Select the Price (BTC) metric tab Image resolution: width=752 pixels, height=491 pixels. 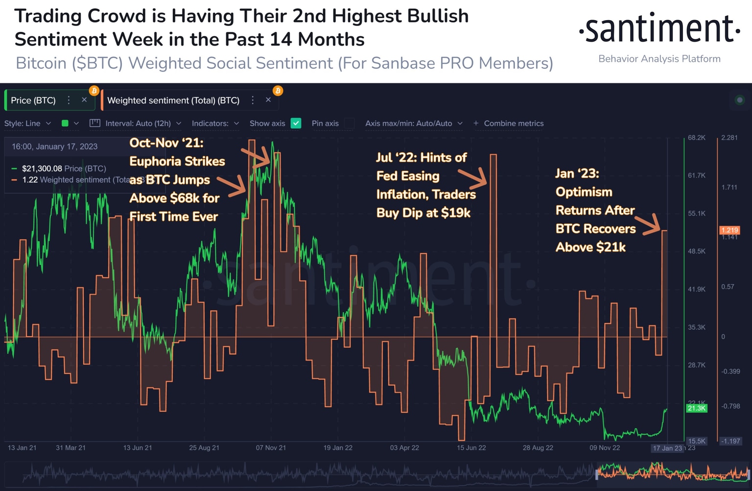(33, 100)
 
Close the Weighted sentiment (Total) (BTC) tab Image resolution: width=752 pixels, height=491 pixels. (268, 100)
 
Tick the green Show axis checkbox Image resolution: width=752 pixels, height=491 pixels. (296, 123)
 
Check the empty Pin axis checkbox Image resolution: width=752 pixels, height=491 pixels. (349, 123)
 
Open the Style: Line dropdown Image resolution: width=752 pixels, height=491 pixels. (27, 123)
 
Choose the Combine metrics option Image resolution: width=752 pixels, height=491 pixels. (509, 123)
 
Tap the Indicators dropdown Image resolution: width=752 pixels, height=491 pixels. (215, 123)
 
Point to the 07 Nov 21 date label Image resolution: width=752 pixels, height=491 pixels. (271, 448)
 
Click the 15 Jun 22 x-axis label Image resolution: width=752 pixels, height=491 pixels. (471, 448)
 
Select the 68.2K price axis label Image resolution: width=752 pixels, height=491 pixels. (696, 138)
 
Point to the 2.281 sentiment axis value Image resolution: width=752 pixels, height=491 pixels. (729, 138)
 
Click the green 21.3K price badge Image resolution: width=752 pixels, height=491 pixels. (696, 408)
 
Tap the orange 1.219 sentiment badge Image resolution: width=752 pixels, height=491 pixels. (729, 230)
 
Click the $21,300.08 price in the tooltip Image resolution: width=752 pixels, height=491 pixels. (42, 169)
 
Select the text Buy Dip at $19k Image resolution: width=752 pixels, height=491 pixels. (423, 213)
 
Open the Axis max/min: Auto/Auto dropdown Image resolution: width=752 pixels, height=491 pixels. (413, 123)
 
